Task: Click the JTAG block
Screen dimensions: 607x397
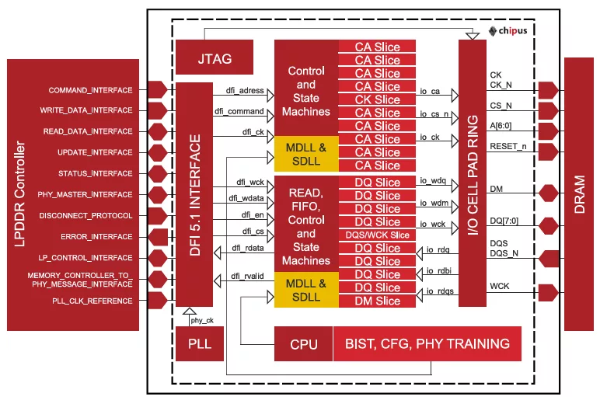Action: coord(215,57)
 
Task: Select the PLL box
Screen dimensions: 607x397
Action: coord(200,343)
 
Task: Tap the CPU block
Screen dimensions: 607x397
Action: coord(303,343)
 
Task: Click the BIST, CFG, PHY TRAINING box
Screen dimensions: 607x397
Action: coord(427,343)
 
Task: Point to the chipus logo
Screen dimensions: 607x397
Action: coord(508,31)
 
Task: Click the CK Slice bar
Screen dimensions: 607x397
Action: coord(377,99)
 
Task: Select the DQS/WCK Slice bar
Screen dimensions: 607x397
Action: coord(377,235)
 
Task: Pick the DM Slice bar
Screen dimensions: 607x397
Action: coord(377,301)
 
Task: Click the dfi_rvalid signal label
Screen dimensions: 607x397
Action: coord(247,276)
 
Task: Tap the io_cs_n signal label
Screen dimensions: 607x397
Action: coord(434,113)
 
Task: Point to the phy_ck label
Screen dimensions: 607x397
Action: coord(202,320)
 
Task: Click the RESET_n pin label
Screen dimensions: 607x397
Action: coord(508,146)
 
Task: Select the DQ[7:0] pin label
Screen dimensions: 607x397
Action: coord(504,221)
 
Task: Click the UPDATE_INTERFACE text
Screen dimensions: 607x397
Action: coord(95,152)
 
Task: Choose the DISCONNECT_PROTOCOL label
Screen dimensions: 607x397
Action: coord(85,215)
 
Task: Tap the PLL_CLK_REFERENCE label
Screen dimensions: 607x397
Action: coord(92,301)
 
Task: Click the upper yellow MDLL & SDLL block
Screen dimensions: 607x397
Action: coord(306,154)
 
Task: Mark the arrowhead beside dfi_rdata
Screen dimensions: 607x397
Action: coord(217,253)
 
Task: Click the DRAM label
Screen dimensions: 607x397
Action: coord(579,194)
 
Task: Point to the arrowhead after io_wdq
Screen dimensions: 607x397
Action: coord(455,186)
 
